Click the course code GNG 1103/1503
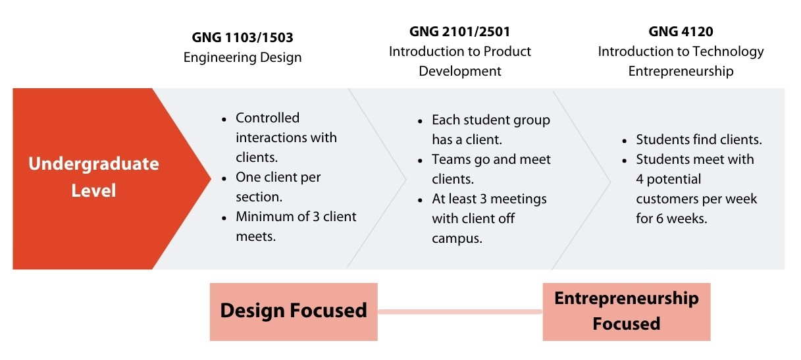[242, 37]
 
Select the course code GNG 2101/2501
[459, 32]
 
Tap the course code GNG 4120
[681, 32]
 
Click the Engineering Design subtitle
[242, 57]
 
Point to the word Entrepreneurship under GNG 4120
[681, 72]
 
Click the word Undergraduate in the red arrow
[93, 164]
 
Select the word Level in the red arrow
[93, 190]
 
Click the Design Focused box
[294, 312]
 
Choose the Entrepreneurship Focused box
[627, 312]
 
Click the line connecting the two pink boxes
[460, 312]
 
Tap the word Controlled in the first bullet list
[267, 118]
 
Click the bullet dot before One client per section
[224, 178]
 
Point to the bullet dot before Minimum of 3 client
[224, 218]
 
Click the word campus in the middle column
[457, 239]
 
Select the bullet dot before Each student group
[420, 121]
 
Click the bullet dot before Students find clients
[625, 141]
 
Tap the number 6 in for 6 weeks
[659, 219]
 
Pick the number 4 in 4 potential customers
[640, 179]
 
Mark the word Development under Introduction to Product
[460, 72]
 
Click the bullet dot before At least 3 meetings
[420, 200]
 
